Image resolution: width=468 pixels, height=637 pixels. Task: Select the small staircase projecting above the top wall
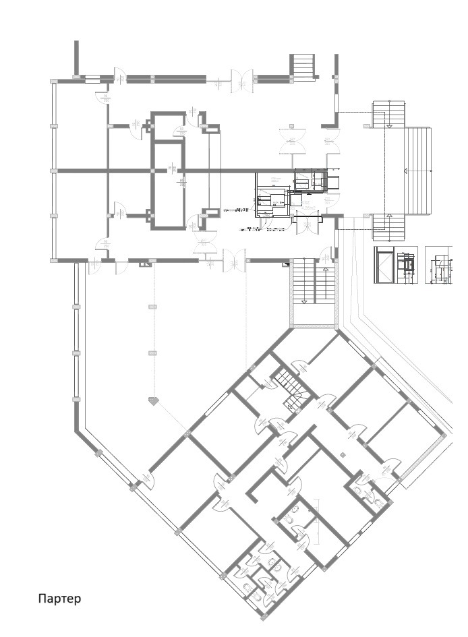(x=303, y=66)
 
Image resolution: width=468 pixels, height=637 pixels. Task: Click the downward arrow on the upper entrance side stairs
(x=389, y=125)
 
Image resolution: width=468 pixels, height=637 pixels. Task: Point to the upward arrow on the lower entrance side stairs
(x=389, y=216)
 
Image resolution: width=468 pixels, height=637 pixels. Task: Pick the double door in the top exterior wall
(x=241, y=78)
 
